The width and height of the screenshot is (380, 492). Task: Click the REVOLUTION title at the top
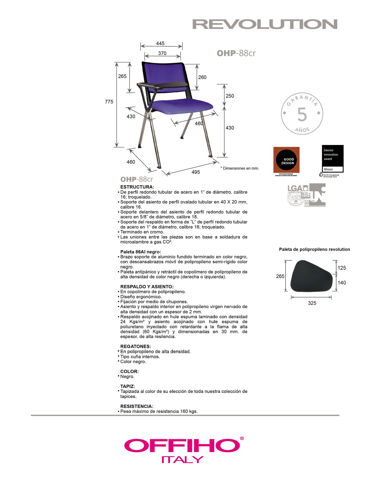point(265,24)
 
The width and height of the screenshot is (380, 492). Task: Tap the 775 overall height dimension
point(109,102)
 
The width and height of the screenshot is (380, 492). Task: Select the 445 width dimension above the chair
point(160,44)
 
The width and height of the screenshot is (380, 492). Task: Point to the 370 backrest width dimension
point(162,53)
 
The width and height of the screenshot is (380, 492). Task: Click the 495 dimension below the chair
point(196,172)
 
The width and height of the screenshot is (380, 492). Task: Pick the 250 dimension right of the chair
point(230,96)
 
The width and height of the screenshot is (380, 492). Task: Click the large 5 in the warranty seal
point(302,115)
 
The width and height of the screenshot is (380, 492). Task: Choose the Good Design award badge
point(286,160)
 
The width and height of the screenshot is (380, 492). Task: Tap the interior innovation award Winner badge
point(332,159)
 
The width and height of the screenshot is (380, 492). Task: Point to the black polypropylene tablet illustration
point(311,276)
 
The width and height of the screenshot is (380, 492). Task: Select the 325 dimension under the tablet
point(312,303)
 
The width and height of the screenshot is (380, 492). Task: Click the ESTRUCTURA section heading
point(137,187)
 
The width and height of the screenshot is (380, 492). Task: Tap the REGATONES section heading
point(135,346)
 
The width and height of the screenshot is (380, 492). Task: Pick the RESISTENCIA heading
point(137,406)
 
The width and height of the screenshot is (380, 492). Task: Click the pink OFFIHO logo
point(183,446)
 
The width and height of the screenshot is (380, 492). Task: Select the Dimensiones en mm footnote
point(240,168)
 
